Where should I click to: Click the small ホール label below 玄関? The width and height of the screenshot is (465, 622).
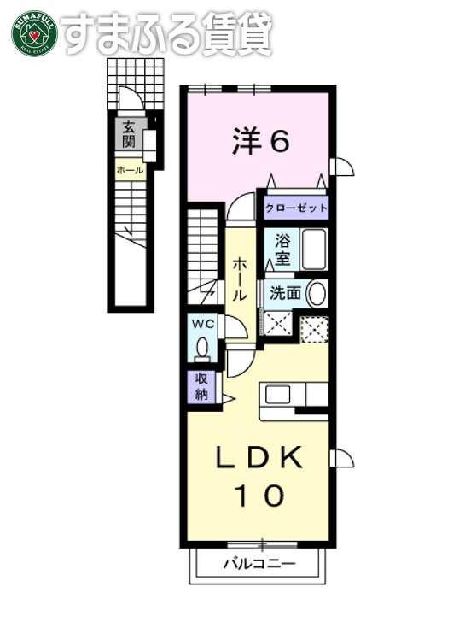[130, 171]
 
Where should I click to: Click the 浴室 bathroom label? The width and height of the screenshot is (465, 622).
[281, 249]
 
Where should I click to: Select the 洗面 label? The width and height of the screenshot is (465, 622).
[285, 293]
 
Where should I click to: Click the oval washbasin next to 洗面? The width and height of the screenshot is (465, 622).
[316, 294]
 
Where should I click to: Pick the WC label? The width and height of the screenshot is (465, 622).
[202, 325]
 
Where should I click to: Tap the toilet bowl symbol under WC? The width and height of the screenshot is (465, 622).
[203, 349]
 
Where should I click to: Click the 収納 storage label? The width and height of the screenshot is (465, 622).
[201, 386]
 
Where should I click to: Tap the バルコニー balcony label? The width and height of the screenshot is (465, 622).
[259, 564]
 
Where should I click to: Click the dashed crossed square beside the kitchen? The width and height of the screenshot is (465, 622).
[315, 327]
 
